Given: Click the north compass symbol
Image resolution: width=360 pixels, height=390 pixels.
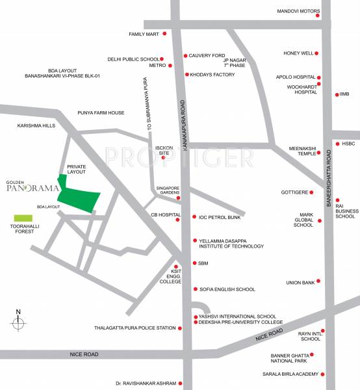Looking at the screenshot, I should (x=19, y=322).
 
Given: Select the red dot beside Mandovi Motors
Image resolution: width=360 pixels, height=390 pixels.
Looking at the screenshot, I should (x=318, y=16).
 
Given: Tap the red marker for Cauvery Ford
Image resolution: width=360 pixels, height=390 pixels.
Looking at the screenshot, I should (x=185, y=56).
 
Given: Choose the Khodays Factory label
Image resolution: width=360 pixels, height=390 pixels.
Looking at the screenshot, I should (x=212, y=75).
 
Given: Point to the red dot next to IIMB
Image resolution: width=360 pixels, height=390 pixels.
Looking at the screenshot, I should (x=335, y=94).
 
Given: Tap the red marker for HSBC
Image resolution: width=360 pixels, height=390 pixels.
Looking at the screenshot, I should (x=336, y=144).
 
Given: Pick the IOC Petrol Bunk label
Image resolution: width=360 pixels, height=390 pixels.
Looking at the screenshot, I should (x=220, y=216).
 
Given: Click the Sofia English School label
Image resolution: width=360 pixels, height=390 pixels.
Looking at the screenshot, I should (x=227, y=289).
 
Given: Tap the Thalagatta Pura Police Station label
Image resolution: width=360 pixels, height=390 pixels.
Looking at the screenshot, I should (x=135, y=328).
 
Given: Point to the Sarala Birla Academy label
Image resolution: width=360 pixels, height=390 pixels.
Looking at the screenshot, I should (x=290, y=374).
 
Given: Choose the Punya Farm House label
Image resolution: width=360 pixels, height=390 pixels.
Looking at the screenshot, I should (x=100, y=112).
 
